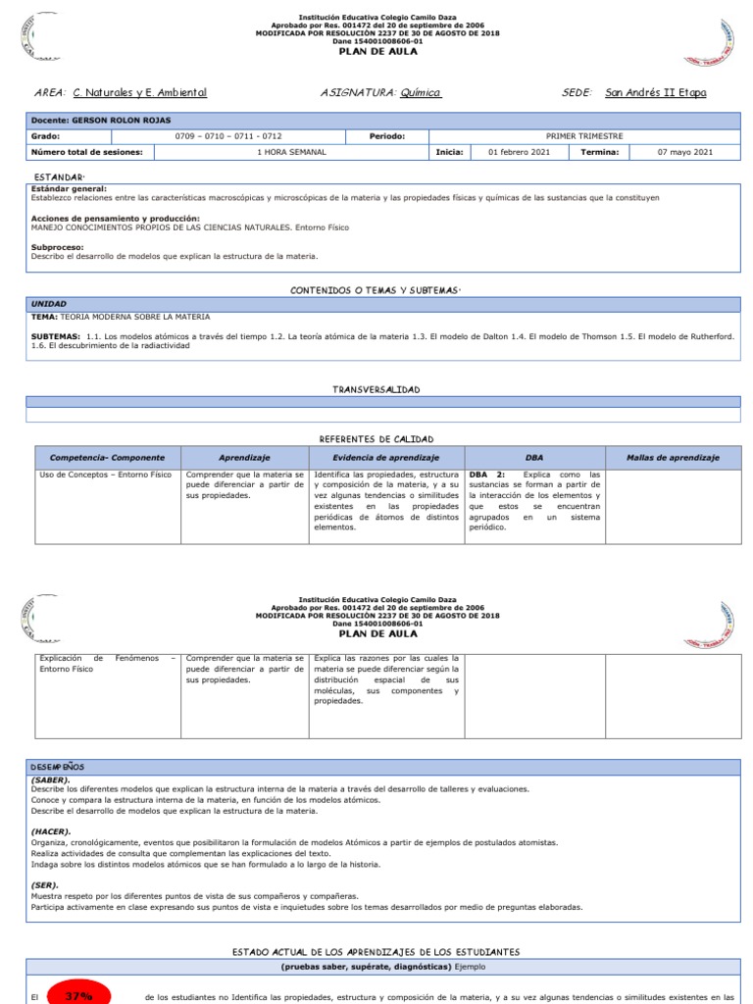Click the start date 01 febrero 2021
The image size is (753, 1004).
point(512,152)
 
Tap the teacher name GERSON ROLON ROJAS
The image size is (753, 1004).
point(127,120)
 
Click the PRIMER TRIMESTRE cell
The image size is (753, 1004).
point(583,136)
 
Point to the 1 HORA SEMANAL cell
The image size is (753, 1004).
point(291,152)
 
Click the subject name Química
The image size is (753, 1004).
point(420,92)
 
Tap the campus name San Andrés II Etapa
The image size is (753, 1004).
point(655,92)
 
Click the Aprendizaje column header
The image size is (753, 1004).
point(244,458)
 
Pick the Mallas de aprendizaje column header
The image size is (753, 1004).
point(673,458)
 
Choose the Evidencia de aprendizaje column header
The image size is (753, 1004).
point(385,458)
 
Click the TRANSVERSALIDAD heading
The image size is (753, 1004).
point(376,389)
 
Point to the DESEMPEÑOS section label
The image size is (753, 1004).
point(58,765)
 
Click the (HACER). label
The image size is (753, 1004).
point(51,831)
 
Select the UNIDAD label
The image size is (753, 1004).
point(50,304)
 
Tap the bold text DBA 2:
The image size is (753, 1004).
point(487,475)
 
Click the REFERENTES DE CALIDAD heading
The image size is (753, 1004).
point(376,438)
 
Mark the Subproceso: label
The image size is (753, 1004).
point(58,247)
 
